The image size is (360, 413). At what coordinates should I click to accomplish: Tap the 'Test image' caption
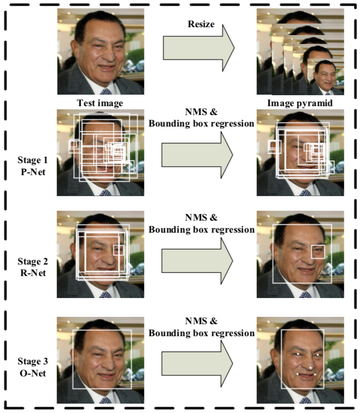(100, 102)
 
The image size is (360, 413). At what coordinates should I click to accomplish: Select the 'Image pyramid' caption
(299, 102)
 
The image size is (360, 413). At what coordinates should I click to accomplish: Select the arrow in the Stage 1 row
(197, 155)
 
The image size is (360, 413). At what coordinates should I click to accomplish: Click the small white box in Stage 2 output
(318, 251)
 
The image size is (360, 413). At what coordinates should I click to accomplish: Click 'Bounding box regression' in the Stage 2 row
(201, 229)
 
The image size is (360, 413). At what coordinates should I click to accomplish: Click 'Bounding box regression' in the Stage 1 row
(201, 124)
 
